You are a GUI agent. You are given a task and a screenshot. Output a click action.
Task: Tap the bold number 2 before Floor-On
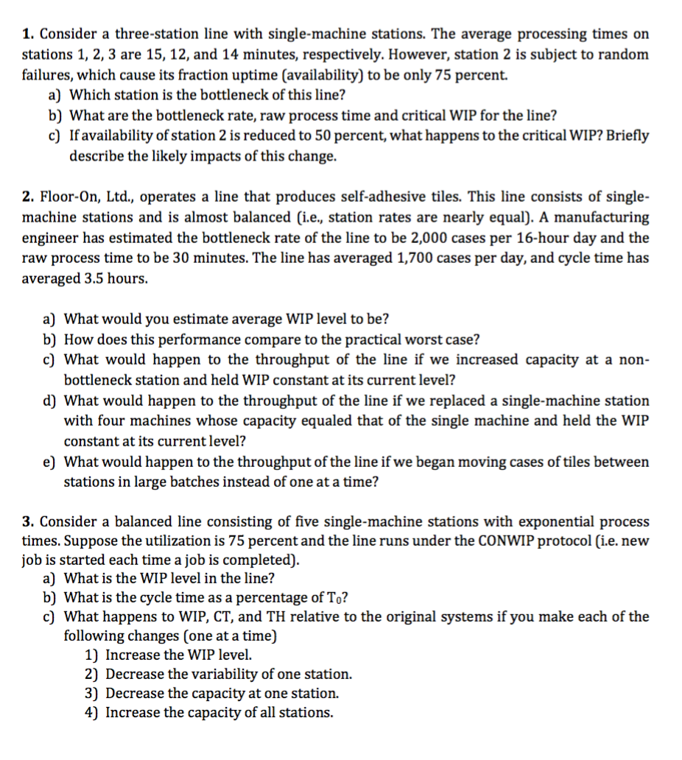27,197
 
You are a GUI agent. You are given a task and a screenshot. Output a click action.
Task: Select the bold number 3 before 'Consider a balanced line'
27,522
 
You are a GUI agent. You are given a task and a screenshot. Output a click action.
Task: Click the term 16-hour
538,238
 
